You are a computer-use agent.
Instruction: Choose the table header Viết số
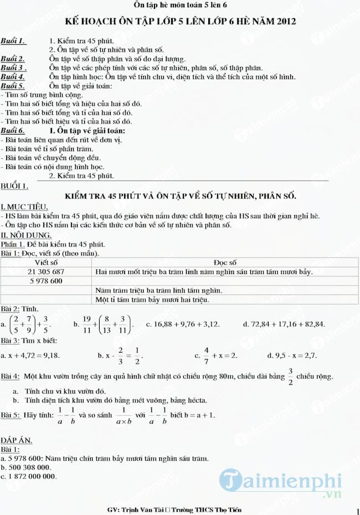(x=46, y=262)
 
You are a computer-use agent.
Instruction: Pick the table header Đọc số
(x=225, y=262)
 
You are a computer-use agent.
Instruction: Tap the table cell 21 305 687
(x=46, y=271)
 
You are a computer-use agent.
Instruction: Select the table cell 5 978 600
(x=46, y=281)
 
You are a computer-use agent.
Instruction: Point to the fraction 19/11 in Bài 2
(x=86, y=323)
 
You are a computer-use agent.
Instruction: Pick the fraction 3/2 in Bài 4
(x=290, y=376)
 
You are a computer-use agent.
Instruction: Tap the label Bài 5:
(x=11, y=414)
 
